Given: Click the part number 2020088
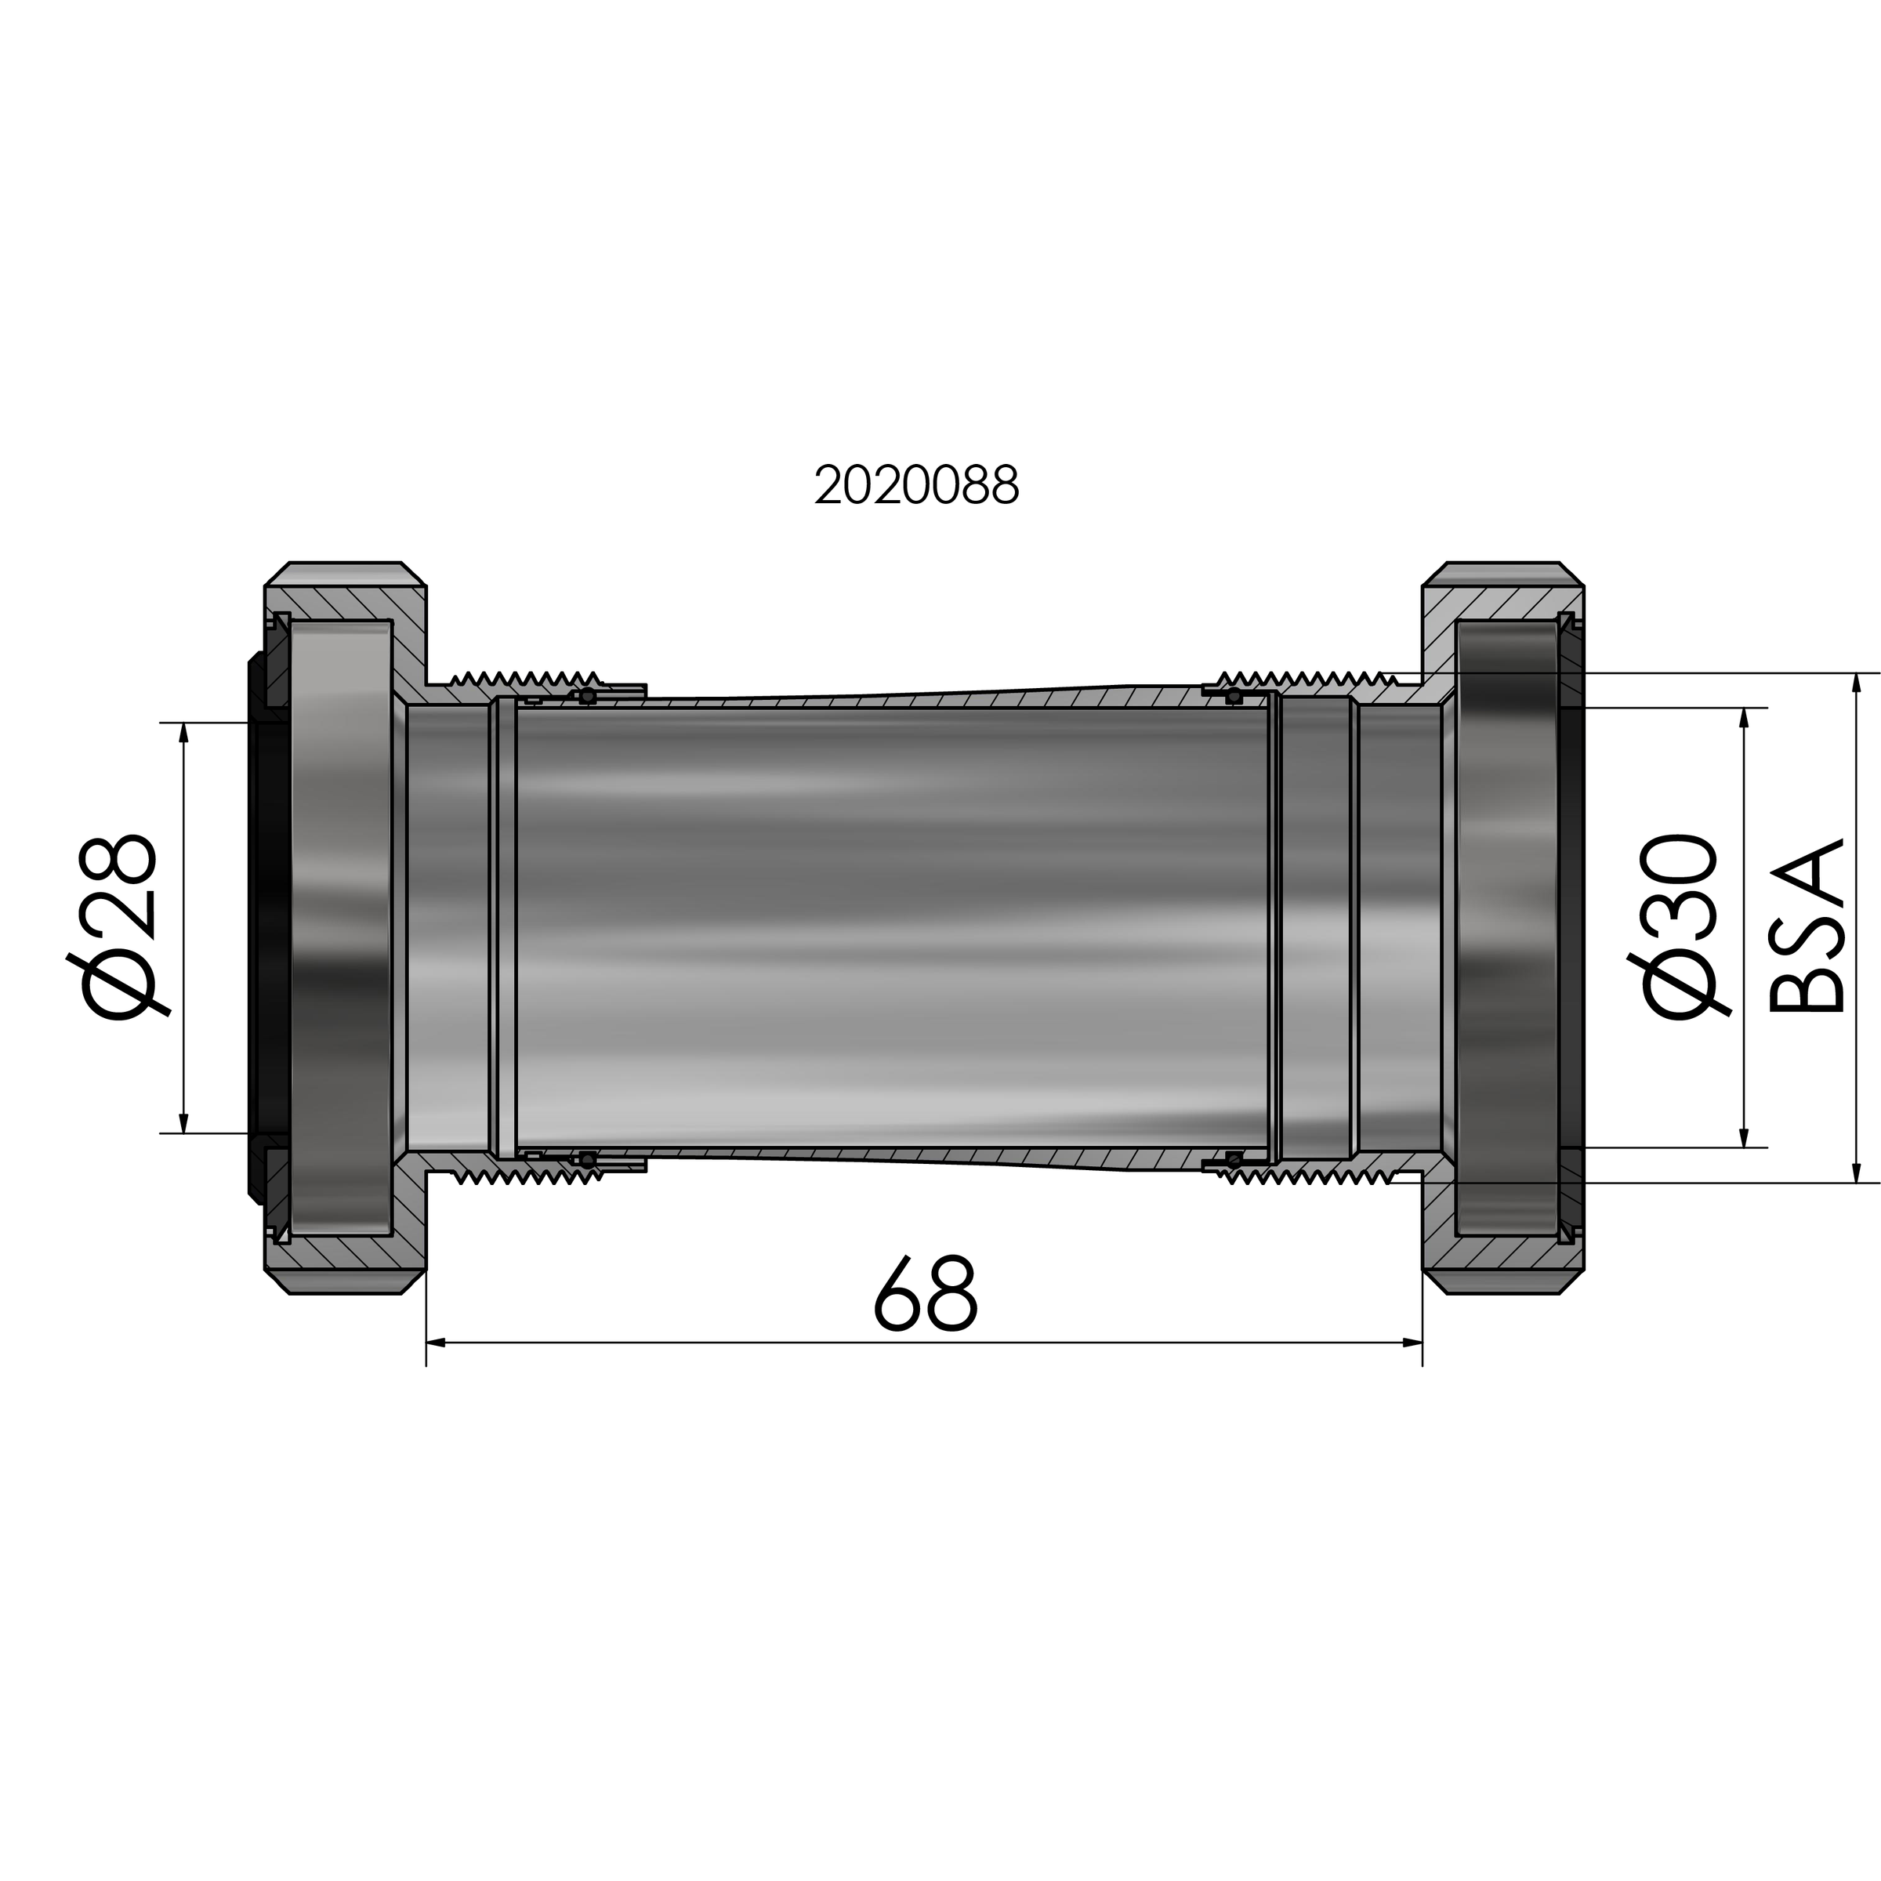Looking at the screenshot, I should pos(916,485).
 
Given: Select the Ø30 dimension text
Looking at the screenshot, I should pos(1677,928).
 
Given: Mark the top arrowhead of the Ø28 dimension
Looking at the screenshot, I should pos(184,732).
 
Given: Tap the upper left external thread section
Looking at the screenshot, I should pos(526,679).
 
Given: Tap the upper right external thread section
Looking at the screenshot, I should pos(1305,678).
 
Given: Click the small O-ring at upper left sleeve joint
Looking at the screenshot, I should pos(587,695).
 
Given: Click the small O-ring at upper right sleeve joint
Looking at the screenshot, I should pos(1234,695).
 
